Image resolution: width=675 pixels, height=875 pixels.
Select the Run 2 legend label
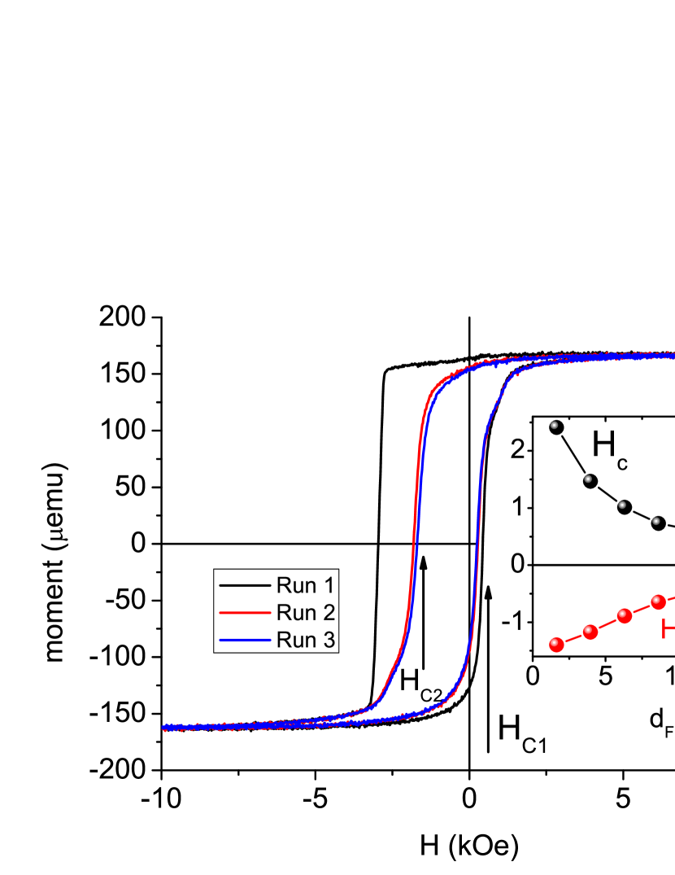(306, 611)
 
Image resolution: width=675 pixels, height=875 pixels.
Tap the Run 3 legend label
(306, 639)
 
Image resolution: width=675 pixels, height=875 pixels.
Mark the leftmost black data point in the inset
(556, 427)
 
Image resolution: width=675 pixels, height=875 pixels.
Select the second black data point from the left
(590, 481)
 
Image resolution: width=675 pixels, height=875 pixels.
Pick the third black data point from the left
(625, 506)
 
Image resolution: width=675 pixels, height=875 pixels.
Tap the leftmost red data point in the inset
(556, 645)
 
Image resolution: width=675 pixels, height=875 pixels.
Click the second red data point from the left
(590, 631)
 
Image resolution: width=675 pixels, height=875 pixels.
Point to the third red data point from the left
(625, 615)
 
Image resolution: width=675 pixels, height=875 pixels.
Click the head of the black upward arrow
(489, 591)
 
